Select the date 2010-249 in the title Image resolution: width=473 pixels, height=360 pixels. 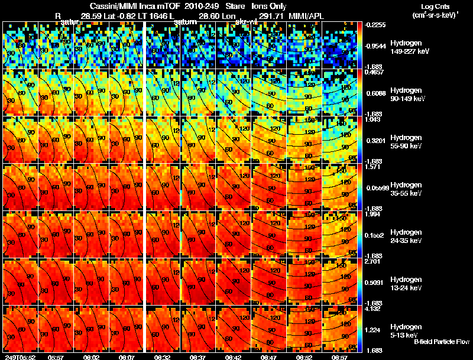tap(197, 5)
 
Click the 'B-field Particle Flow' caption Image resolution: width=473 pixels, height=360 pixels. tap(441, 342)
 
